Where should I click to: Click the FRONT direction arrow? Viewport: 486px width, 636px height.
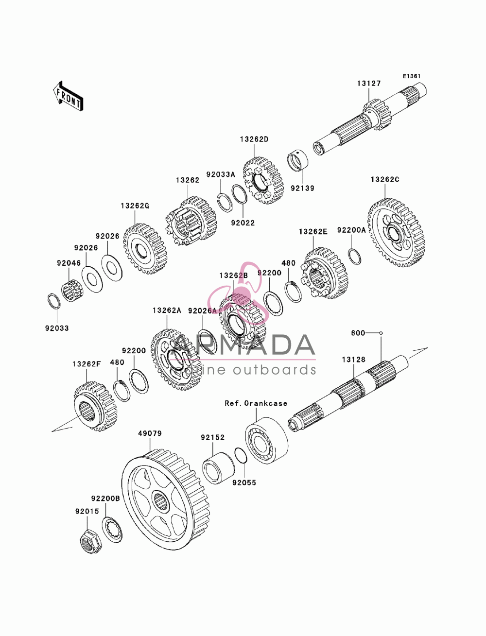tap(68, 96)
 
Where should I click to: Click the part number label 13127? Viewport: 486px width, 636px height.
tap(368, 84)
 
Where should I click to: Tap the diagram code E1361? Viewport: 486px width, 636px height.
tap(412, 76)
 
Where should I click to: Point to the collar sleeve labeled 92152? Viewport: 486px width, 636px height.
tap(219, 468)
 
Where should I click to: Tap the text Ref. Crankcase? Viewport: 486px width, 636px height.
tap(256, 403)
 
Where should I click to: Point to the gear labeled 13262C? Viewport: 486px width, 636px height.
tap(396, 232)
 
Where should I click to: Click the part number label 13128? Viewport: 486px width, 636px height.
tap(353, 360)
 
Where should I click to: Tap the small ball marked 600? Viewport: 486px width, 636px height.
tap(381, 333)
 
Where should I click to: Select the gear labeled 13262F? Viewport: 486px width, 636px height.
tap(95, 407)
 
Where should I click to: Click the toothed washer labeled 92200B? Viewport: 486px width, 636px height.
tap(112, 530)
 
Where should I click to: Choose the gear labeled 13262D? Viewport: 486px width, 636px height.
tap(263, 181)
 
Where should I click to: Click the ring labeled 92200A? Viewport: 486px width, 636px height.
tap(354, 256)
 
